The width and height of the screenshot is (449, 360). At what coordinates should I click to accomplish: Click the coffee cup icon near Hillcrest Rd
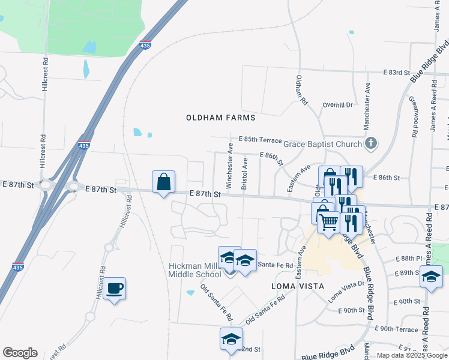(114, 289)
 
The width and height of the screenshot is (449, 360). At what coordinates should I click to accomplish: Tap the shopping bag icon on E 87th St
(163, 182)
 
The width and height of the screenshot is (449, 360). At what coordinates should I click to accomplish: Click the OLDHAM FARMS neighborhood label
(221, 118)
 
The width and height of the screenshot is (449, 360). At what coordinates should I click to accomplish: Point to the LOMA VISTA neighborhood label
(294, 286)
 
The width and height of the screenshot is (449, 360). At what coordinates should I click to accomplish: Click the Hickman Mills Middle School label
(195, 270)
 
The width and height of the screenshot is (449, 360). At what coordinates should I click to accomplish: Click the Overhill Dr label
(337, 104)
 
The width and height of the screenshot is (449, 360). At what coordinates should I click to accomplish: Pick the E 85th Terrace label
(260, 139)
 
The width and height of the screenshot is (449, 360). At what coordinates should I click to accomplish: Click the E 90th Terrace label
(396, 329)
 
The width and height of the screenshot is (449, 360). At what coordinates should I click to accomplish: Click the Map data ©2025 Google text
(411, 355)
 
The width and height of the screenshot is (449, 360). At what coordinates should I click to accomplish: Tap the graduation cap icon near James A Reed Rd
(431, 277)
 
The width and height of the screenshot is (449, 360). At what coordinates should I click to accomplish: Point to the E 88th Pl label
(409, 259)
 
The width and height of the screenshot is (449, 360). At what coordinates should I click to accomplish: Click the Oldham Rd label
(302, 91)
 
